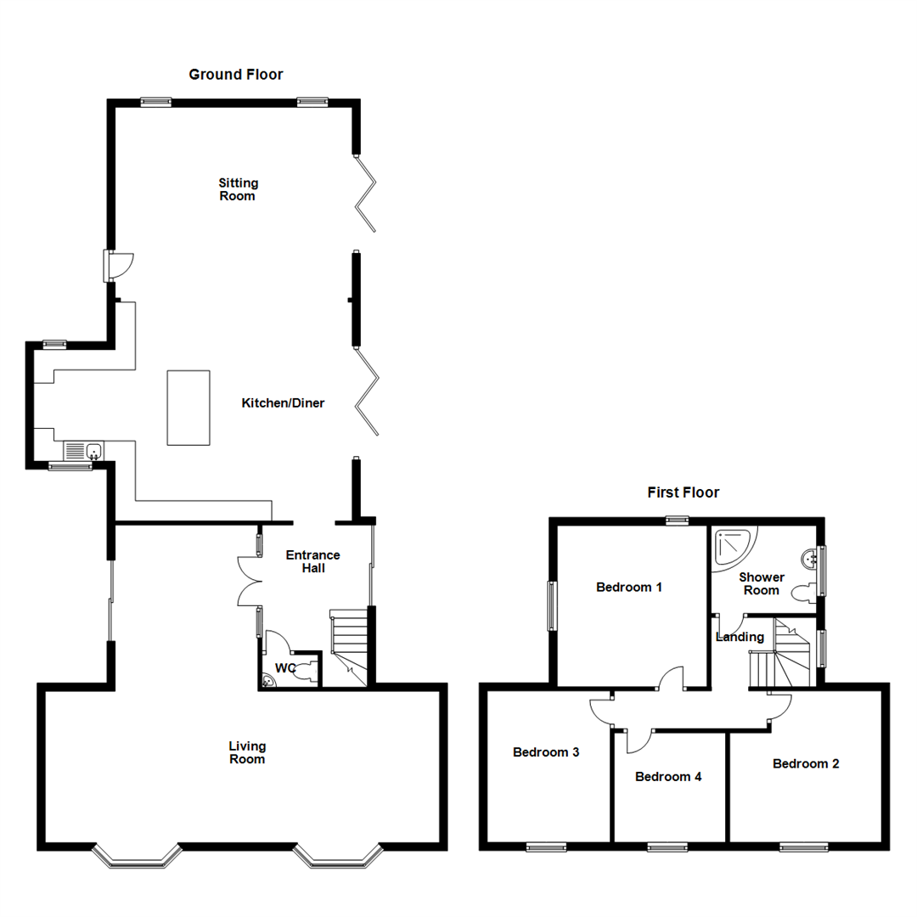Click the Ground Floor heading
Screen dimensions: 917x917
(235, 75)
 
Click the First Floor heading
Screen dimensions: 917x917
(683, 492)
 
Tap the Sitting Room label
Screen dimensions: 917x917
(238, 189)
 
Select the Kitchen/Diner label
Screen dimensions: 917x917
(284, 402)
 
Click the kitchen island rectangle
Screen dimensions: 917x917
(188, 407)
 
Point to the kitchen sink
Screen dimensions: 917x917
(93, 451)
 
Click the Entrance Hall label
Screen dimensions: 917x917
(312, 561)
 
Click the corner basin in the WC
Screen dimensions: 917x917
(269, 679)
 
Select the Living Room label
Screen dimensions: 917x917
(247, 752)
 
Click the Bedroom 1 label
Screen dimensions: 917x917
(629, 587)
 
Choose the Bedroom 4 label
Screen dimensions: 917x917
(668, 776)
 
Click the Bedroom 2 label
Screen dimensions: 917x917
(806, 763)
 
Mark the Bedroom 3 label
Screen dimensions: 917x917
(546, 752)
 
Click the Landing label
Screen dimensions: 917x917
(740, 637)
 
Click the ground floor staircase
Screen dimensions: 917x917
(349, 646)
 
